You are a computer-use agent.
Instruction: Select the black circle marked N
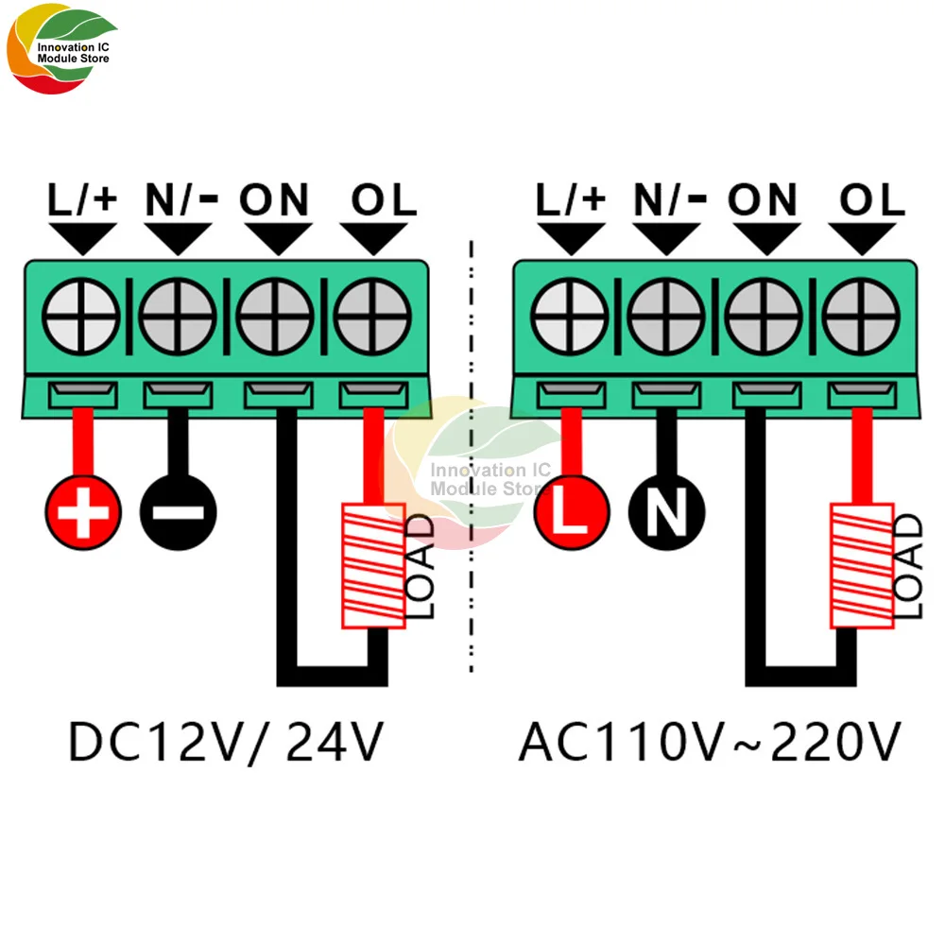tap(667, 513)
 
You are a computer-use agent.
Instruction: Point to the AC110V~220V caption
tap(709, 742)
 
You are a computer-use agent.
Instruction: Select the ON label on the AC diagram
tap(763, 199)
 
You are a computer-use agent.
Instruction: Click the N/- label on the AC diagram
tap(668, 199)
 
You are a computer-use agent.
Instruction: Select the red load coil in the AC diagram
tap(862, 567)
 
